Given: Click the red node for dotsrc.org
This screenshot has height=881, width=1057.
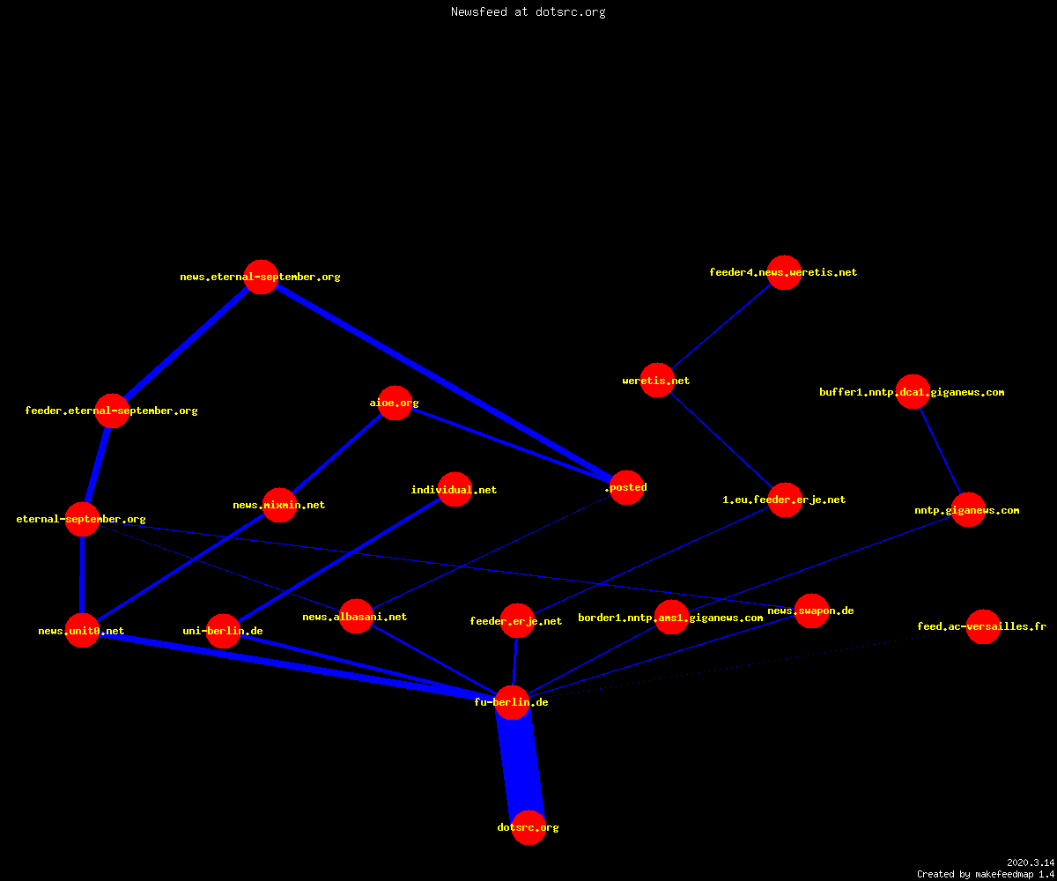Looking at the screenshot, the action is [528, 827].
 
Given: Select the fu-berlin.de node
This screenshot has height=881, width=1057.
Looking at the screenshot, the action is [513, 702].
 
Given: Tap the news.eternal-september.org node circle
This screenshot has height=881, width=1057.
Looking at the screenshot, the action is [262, 277].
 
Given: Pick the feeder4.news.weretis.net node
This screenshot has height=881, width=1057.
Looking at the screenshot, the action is [784, 272].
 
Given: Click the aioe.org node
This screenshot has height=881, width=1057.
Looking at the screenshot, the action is [395, 403].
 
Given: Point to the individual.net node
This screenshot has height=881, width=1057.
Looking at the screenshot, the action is [455, 490].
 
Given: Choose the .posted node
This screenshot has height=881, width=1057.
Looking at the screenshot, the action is [626, 487].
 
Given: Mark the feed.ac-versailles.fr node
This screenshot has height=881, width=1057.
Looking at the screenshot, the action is [983, 626].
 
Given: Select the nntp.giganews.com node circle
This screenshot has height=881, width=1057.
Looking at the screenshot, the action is [968, 510].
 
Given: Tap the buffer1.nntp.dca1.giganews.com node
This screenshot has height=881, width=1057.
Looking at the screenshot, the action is [913, 392].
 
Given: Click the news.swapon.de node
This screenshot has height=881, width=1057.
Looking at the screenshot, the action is [811, 611].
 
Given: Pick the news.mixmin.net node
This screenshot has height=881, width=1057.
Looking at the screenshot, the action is [279, 505].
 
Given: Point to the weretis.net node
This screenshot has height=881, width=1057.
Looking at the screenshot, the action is [657, 381].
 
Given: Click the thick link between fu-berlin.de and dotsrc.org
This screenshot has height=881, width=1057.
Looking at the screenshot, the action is [521, 765].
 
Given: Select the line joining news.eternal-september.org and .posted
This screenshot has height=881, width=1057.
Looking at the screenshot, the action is [444, 382].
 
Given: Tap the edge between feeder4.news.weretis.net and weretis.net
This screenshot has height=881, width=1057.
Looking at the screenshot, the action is [721, 326].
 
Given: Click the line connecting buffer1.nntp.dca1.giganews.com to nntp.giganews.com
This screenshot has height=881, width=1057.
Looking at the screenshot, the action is [941, 450].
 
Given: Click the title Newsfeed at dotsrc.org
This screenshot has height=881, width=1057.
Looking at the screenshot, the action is [528, 11].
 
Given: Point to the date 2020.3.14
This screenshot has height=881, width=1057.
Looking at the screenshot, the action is [1031, 862].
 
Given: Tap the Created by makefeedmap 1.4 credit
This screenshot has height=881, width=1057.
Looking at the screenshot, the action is [986, 874].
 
